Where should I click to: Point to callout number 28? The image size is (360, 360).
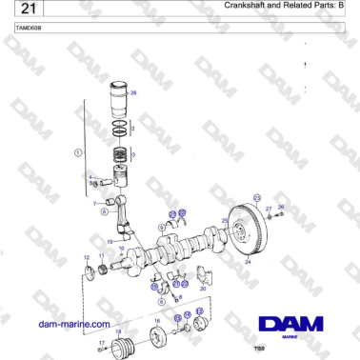click(133, 92)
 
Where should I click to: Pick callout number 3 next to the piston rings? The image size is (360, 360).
click(133, 154)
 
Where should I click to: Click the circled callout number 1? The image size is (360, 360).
click(78, 152)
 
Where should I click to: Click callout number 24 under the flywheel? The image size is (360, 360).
click(248, 260)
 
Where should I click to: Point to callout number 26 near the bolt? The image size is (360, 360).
click(280, 207)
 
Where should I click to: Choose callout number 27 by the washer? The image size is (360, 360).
click(269, 208)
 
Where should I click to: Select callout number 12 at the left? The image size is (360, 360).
click(88, 258)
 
